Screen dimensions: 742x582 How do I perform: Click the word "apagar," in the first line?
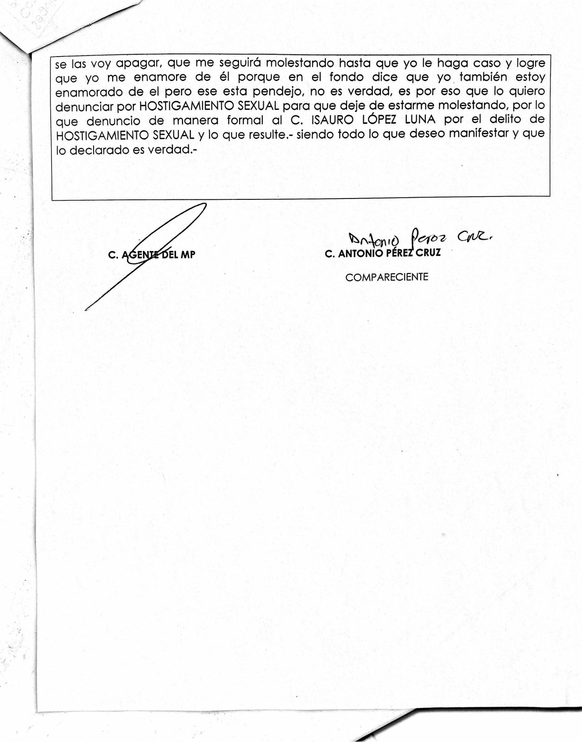tap(138, 64)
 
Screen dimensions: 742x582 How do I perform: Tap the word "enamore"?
tap(160, 77)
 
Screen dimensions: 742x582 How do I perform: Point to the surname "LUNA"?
tap(420, 120)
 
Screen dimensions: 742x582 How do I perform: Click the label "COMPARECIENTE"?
tap(387, 277)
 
